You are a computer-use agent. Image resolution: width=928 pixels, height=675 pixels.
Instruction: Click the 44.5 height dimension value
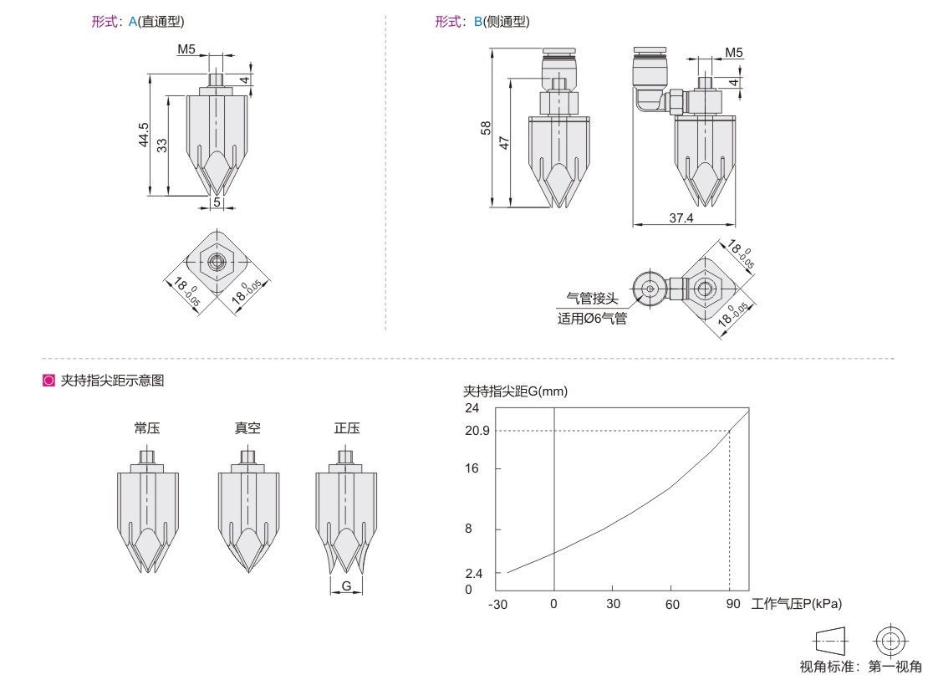(x=144, y=135)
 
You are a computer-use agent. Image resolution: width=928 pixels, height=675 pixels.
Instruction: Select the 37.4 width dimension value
(x=681, y=218)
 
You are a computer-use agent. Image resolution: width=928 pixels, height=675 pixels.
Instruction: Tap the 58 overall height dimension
(x=486, y=128)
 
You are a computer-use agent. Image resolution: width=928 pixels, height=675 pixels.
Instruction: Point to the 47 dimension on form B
(x=504, y=143)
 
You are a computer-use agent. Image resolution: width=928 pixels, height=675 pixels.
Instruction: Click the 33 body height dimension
(x=162, y=145)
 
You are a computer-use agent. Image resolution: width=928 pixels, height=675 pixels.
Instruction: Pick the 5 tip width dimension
(x=217, y=202)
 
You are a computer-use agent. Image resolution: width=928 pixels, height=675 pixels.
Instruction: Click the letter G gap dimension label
(x=346, y=586)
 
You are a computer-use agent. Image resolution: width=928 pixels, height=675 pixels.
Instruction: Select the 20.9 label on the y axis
(x=477, y=431)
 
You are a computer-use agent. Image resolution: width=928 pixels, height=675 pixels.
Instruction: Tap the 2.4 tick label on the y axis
(x=474, y=573)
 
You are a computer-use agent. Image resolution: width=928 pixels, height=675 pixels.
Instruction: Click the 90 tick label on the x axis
(x=733, y=604)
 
